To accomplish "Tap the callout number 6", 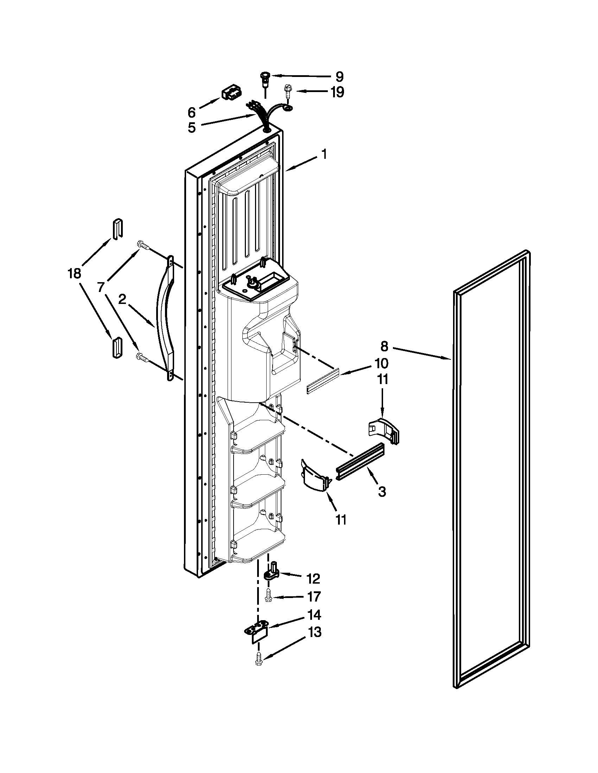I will coord(191,112).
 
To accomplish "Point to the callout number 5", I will coord(191,128).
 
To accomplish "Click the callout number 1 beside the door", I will coord(324,155).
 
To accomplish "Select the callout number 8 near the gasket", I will coord(384,346).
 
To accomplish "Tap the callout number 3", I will coord(382,492).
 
